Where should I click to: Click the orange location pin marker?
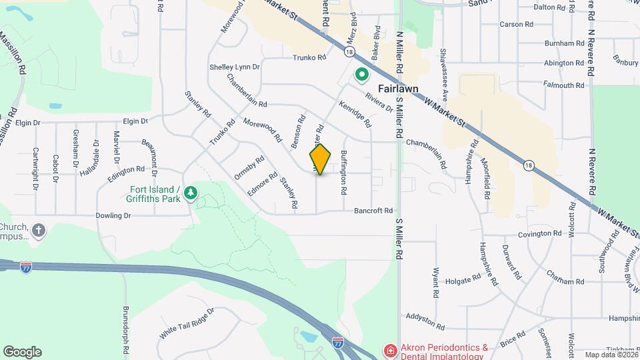click(x=320, y=159)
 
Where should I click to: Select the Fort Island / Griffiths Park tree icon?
click(x=191, y=193)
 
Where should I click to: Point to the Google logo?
click(x=22, y=352)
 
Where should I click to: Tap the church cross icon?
click(x=39, y=231)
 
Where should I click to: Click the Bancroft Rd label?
click(x=374, y=211)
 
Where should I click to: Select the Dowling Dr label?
click(x=113, y=215)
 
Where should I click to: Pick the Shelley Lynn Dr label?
click(x=234, y=67)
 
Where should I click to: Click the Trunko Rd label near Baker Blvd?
click(x=309, y=58)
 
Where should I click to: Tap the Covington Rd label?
click(x=540, y=234)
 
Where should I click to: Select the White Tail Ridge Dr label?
click(x=187, y=323)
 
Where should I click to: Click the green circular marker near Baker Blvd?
click(x=362, y=75)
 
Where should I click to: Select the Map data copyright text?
click(x=611, y=354)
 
